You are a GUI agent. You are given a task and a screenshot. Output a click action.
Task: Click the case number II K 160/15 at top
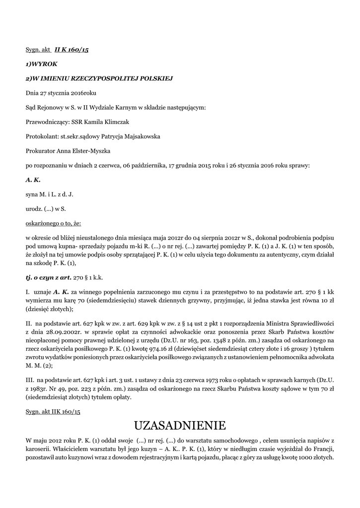coord(72,50)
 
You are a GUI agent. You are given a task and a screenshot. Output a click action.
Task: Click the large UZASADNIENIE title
coord(180,425)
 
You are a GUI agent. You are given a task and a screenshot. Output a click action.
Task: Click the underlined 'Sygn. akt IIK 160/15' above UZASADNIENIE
coord(53,411)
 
